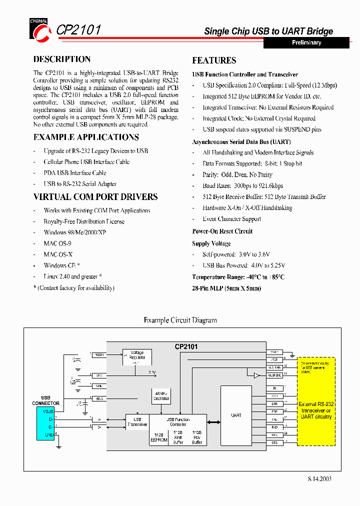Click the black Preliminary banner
306,43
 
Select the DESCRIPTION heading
62,59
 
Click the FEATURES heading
214,60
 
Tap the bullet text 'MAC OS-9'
57,243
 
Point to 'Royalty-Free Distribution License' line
84,221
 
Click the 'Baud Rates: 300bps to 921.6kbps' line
242,186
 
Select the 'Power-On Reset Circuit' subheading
222,231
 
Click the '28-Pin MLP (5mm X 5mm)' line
226,288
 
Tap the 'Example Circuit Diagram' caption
180,320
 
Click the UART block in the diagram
236,415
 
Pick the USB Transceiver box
137,421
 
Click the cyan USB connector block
45,423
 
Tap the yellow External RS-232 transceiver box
315,401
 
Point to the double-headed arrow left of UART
213,422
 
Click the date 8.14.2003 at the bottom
319,478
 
